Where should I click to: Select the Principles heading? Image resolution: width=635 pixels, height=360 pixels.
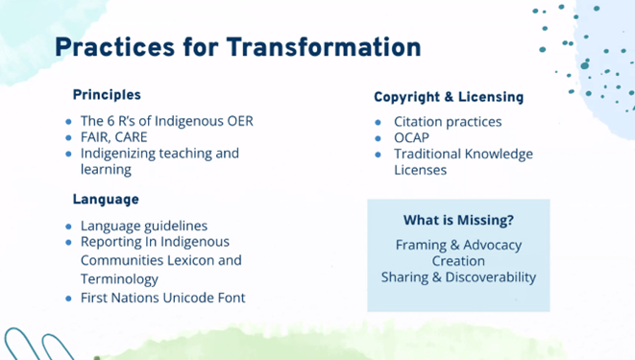pos(107,95)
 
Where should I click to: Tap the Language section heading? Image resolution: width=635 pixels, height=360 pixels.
pos(106,200)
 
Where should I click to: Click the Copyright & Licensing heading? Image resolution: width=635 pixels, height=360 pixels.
pos(448,97)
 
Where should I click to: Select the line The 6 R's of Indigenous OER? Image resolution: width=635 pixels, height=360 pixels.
pos(166,122)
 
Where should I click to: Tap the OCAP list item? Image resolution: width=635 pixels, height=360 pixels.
pos(413,138)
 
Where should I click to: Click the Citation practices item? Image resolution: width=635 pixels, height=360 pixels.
pos(447,122)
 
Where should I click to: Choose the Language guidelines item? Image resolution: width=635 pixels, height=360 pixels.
pos(143,226)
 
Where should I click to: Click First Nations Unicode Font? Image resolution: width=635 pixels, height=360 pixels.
pos(162,298)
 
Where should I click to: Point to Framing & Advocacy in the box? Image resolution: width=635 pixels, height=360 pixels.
pos(458,245)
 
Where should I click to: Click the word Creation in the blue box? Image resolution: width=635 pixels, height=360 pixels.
pos(458,261)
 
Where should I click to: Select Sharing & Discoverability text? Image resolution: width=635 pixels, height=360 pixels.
pos(458,277)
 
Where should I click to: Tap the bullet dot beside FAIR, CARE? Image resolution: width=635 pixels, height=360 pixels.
pos(68,138)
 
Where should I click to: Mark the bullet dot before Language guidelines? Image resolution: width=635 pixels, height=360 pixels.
pos(68,227)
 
